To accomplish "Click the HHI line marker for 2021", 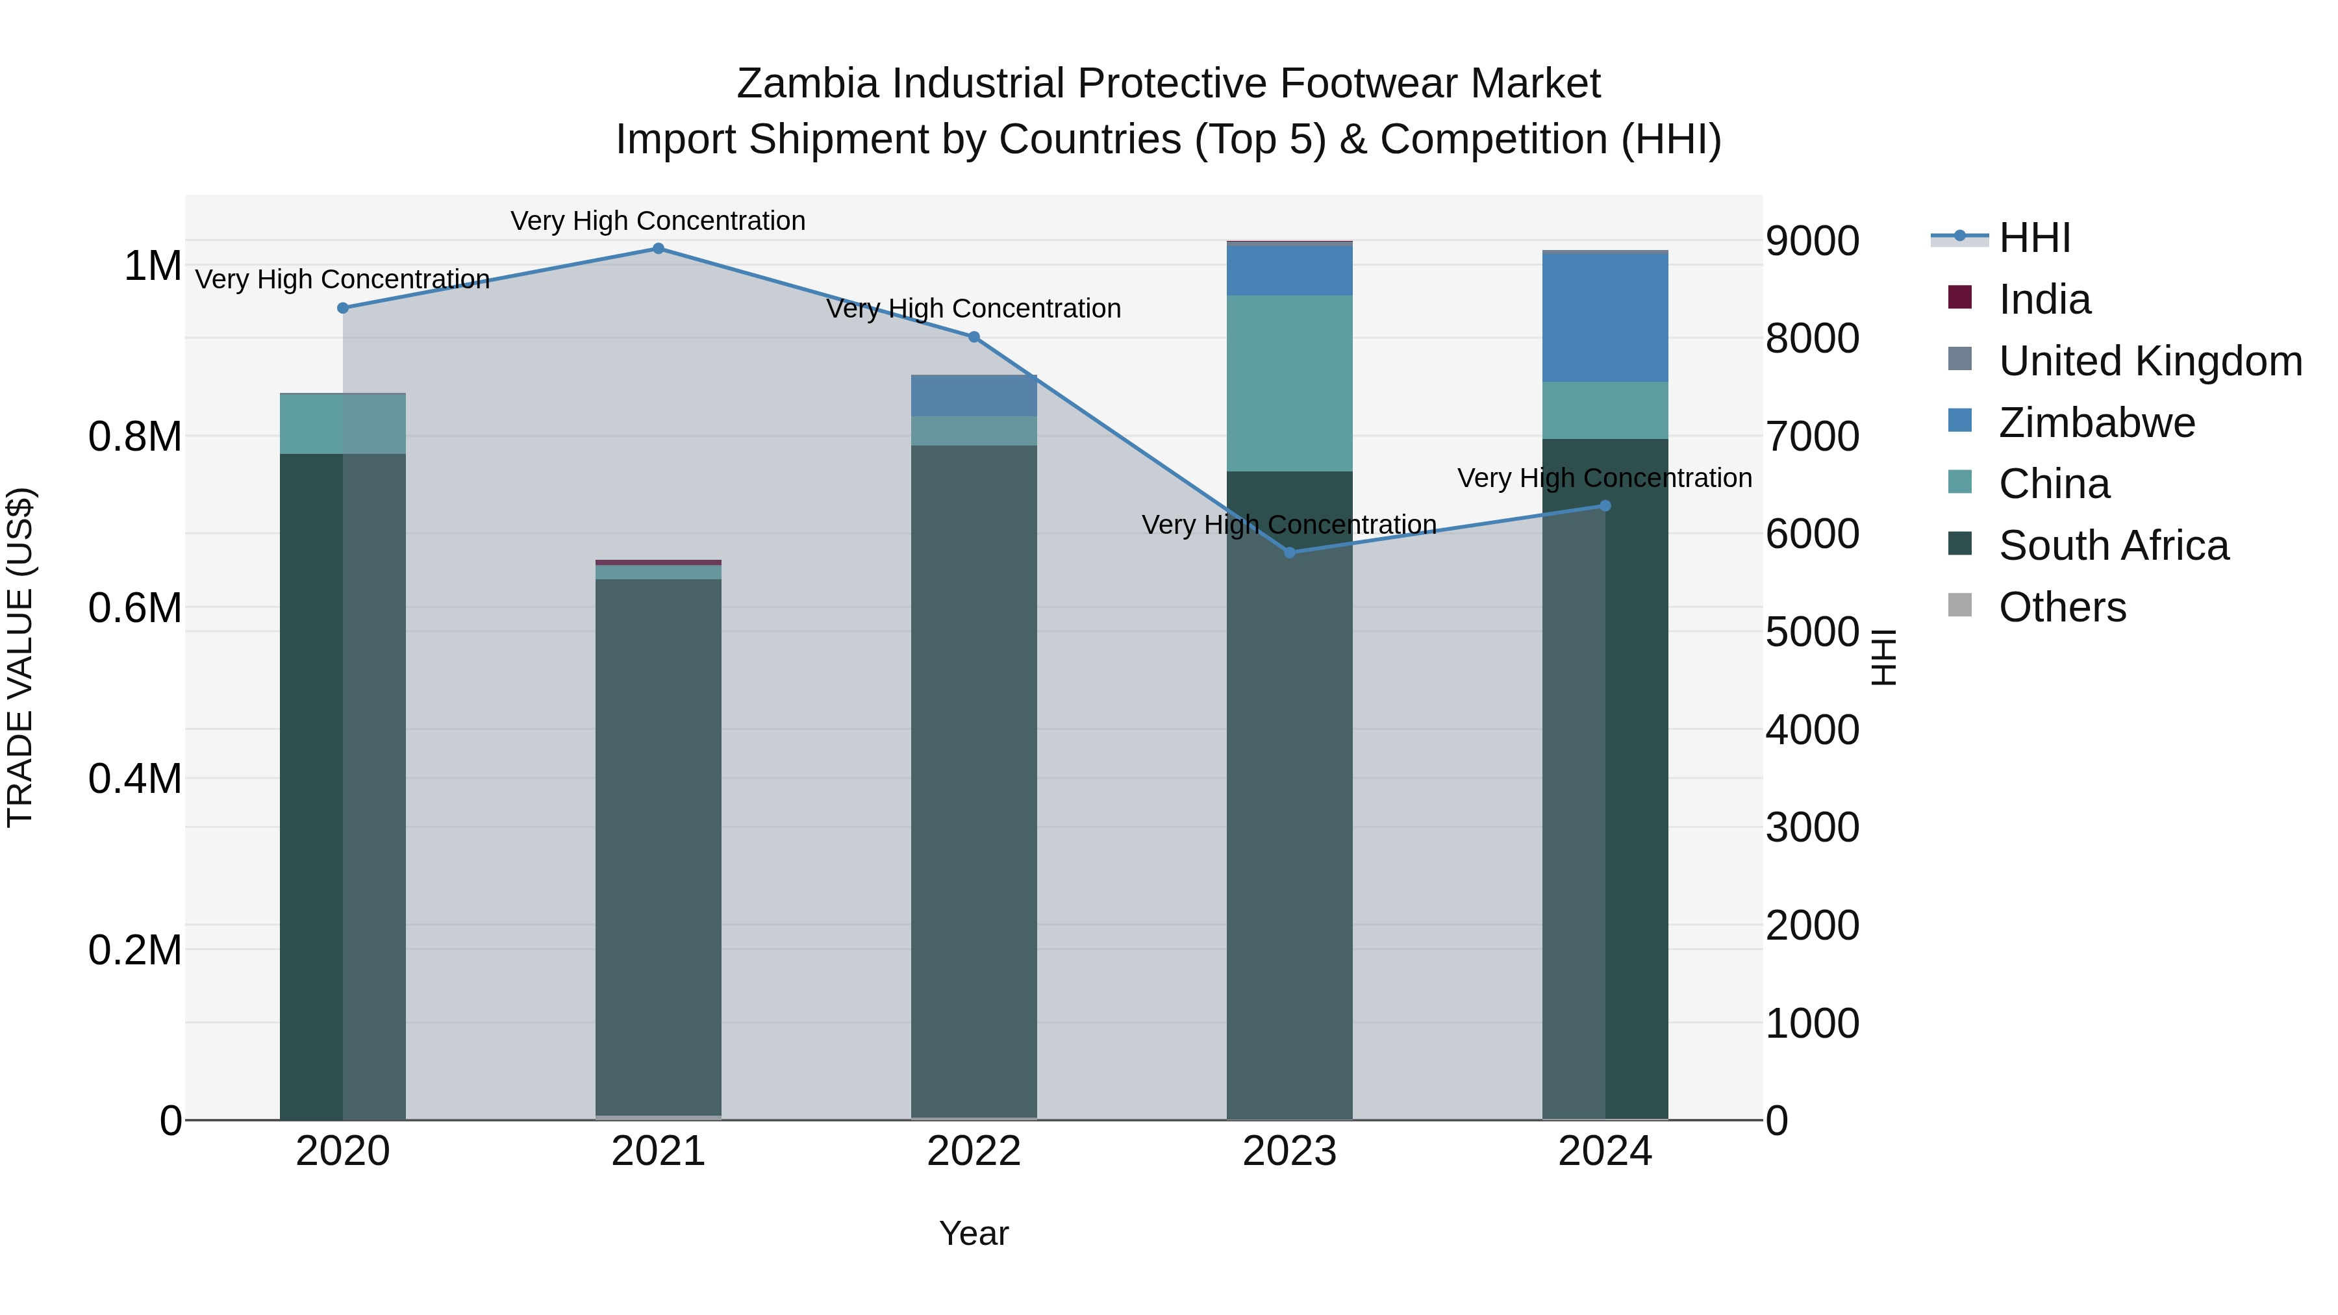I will (658, 249).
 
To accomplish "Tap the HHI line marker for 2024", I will (1605, 505).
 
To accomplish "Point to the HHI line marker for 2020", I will (343, 308).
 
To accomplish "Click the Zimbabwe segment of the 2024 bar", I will (1605, 318).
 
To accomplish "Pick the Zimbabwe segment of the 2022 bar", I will (974, 395).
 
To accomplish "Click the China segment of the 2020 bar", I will (343, 424).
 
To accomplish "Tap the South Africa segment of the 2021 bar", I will (658, 844).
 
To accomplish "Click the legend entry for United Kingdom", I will (2149, 361).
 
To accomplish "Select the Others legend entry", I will (2061, 607).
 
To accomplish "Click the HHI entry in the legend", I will (2034, 238).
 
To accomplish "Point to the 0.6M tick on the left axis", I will (134, 608).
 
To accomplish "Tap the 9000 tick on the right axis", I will (1811, 242).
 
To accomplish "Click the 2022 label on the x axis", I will (974, 1151).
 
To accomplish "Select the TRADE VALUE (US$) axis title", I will (21, 657).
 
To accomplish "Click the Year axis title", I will (974, 1233).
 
